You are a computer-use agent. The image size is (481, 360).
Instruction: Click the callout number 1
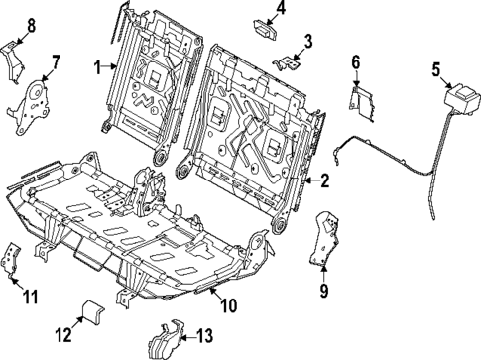98,66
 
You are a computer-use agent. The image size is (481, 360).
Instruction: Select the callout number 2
324,180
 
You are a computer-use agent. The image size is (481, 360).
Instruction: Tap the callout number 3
308,41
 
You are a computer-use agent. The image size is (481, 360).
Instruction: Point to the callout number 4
281,9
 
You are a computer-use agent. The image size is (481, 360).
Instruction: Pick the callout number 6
356,62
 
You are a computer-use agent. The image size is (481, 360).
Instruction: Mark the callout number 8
29,25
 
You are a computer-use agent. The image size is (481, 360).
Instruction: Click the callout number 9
322,291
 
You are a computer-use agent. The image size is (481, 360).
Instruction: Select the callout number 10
229,306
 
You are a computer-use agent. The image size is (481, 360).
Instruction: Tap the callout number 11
30,296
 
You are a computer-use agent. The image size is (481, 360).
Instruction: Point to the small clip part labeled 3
291,62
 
